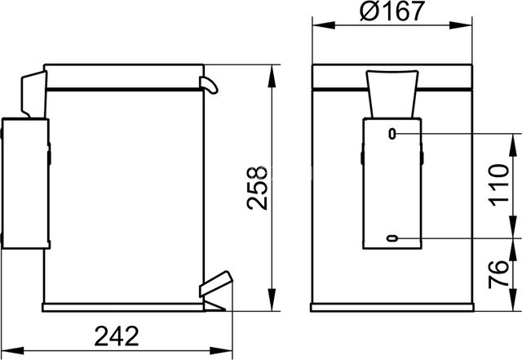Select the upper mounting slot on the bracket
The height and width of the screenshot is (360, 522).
[x=392, y=132]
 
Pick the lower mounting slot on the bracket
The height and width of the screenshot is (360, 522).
[x=392, y=238]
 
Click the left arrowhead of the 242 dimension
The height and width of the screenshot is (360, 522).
[x=7, y=349]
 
